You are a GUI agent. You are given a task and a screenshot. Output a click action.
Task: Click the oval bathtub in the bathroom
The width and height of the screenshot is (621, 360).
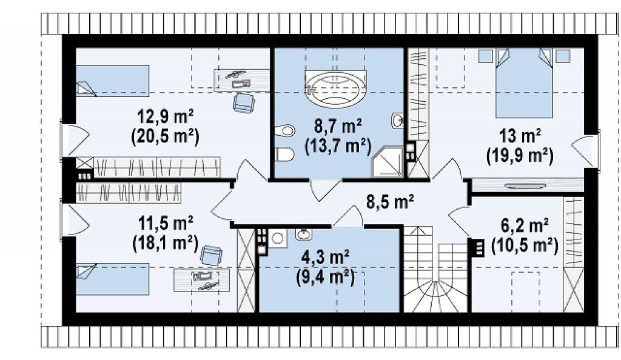[x=336, y=88]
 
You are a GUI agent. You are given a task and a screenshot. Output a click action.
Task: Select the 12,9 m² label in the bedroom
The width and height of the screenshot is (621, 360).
[x=165, y=116]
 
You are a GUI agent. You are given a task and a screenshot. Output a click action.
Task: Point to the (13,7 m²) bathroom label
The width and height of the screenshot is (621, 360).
[x=338, y=146]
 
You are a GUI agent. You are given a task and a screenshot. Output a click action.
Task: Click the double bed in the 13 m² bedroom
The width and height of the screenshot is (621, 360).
[x=524, y=83]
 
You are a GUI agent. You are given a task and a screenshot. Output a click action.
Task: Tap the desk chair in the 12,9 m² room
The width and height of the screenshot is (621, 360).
[x=244, y=102]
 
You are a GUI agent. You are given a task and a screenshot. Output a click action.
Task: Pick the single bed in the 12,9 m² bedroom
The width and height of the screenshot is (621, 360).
[x=112, y=81]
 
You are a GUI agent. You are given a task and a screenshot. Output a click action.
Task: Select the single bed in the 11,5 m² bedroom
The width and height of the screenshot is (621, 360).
[x=112, y=279]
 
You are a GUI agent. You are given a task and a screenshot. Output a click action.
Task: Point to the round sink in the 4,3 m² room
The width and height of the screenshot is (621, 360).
[x=304, y=234]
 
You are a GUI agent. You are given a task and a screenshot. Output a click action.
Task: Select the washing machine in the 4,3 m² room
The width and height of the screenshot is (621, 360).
[x=277, y=238]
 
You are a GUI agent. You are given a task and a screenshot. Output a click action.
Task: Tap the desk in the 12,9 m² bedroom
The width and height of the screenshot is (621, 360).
[x=241, y=79]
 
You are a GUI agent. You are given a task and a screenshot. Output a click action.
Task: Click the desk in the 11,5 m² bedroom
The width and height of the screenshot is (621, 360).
[x=201, y=280]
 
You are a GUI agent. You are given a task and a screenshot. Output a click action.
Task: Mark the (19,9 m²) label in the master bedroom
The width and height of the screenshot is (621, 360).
[x=520, y=155]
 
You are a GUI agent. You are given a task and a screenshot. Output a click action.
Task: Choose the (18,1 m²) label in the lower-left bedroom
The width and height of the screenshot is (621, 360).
[x=165, y=242]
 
